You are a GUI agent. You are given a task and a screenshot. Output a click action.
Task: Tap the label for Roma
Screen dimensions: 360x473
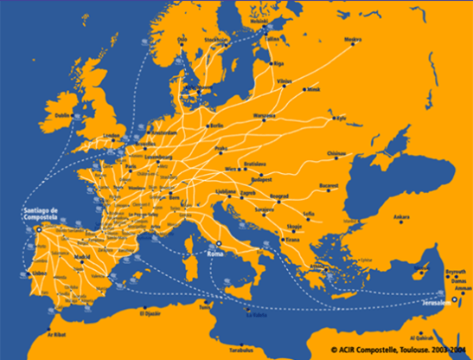click(x=217, y=254)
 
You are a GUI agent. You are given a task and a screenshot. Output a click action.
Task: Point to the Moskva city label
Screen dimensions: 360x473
click(x=353, y=39)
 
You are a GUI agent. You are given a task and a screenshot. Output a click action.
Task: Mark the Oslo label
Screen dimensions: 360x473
click(x=182, y=38)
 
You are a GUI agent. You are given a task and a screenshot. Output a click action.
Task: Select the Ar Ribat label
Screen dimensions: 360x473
click(x=55, y=332)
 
